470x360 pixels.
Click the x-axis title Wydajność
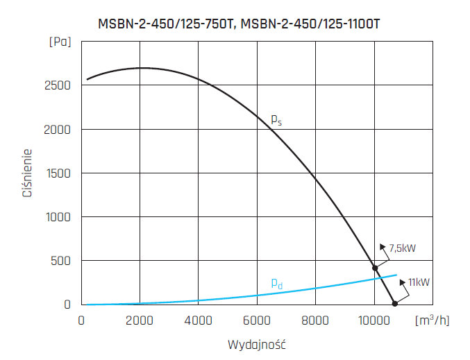(x=257, y=344)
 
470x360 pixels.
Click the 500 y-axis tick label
(x=62, y=261)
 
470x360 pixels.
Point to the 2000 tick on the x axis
(x=140, y=320)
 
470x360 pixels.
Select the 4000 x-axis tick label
(x=199, y=320)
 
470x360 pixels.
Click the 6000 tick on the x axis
(x=257, y=320)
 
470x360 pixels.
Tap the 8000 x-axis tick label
(x=315, y=320)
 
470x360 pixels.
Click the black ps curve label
(x=276, y=120)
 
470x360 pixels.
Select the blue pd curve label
(x=276, y=283)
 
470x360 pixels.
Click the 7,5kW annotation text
(x=403, y=248)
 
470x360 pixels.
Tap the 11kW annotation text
(x=419, y=282)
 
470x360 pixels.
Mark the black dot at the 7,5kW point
(x=375, y=268)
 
